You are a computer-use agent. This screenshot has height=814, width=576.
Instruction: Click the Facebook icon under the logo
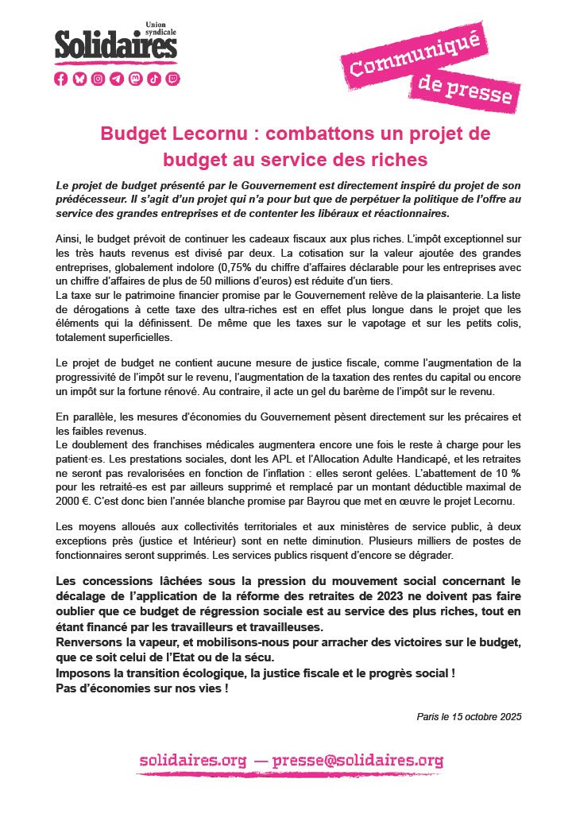(61, 78)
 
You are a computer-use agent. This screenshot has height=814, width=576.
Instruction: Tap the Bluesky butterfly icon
(79, 78)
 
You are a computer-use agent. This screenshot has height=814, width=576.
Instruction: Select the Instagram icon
(98, 78)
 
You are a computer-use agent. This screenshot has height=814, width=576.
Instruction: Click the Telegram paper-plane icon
(117, 78)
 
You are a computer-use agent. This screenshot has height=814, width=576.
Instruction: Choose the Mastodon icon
(135, 78)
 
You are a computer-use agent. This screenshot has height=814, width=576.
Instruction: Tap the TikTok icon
(154, 78)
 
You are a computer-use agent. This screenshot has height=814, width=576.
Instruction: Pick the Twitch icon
(172, 78)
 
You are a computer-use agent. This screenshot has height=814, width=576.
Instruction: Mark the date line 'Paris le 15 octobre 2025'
(469, 716)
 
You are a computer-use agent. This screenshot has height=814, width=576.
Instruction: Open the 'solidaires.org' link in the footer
(193, 761)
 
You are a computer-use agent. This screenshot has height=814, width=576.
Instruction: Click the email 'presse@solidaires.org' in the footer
(358, 761)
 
